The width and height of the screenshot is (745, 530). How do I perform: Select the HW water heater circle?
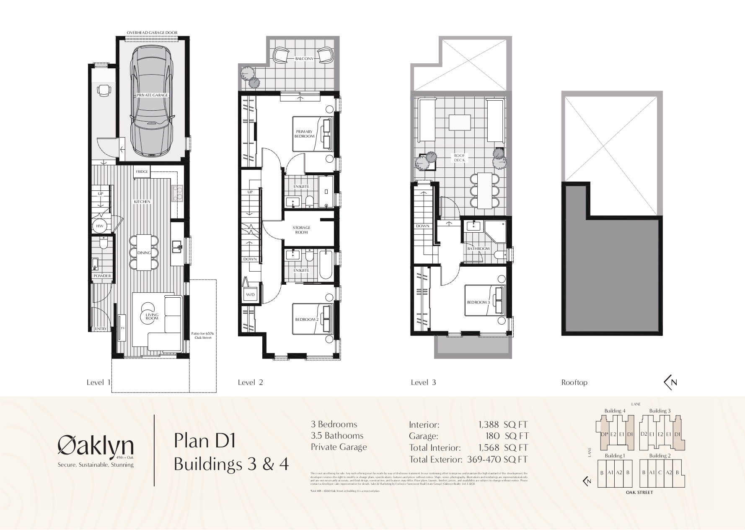pos(100,226)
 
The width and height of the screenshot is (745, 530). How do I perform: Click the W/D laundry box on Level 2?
pos(250,295)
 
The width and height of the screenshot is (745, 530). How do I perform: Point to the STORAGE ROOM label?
pos(301,230)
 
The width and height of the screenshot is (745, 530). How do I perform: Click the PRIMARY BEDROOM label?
pos(305,134)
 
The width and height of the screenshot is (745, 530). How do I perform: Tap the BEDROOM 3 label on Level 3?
pos(478,302)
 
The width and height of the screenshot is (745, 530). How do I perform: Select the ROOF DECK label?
pos(460,158)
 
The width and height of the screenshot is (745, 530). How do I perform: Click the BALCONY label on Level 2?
pos(304,59)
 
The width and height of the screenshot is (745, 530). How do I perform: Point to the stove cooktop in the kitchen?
pos(178,194)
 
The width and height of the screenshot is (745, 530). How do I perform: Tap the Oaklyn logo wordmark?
pos(96,446)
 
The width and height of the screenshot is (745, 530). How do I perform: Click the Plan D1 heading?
pos(205,442)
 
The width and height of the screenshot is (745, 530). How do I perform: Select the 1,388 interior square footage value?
pos(489,424)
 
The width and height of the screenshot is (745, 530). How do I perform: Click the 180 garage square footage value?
pos(492,436)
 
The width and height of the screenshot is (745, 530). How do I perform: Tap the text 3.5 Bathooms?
pos(337,436)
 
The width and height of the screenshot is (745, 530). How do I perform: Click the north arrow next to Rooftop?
pos(670,382)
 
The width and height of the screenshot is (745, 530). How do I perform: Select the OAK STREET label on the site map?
pos(638,492)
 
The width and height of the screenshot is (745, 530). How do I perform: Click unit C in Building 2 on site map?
pos(660,472)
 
